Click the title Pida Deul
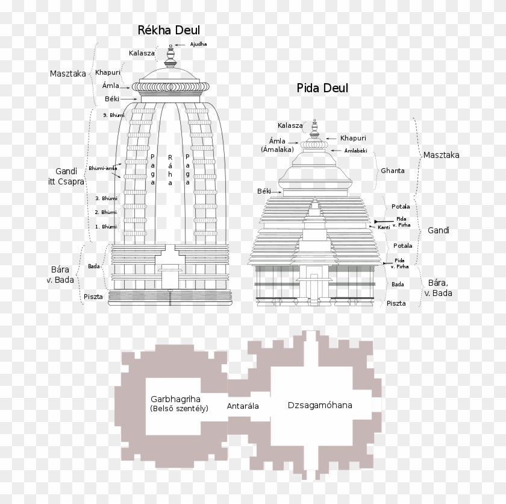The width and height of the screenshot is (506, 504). click(322, 89)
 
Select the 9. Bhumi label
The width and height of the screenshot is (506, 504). click(113, 115)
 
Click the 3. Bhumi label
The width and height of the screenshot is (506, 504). click(106, 198)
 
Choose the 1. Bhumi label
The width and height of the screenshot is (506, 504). click(106, 227)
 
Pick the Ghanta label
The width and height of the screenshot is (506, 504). click(393, 171)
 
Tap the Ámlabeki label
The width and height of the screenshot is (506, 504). click(355, 151)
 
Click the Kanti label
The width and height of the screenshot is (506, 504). click(384, 227)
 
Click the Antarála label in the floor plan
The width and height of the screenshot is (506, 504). click(243, 406)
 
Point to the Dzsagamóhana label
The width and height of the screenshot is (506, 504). click(320, 405)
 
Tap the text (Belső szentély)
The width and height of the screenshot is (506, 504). click(179, 408)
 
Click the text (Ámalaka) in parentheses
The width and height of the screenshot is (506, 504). click(277, 149)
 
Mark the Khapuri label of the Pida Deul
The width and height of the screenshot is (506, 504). click(353, 138)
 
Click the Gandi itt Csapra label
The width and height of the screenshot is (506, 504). click(66, 175)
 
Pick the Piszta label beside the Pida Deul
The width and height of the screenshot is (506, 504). click(396, 303)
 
